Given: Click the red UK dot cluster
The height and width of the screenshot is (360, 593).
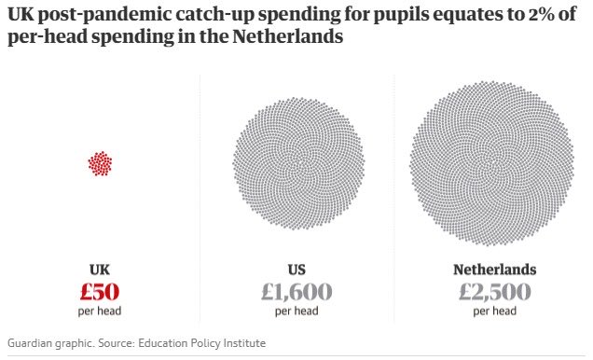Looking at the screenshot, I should (99, 164).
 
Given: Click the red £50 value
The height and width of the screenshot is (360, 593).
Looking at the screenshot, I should (99, 292).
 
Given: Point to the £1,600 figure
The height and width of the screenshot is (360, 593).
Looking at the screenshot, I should (296, 292).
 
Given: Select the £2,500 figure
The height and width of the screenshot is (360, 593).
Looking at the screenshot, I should (494, 292).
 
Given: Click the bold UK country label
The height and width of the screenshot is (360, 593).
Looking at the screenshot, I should (99, 270).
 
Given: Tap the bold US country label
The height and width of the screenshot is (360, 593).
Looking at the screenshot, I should (296, 270).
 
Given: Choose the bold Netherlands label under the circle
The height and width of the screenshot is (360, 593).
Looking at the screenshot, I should (494, 270).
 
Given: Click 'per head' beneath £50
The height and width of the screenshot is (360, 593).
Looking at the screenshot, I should (99, 312).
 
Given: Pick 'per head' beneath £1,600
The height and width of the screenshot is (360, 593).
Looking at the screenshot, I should (296, 312).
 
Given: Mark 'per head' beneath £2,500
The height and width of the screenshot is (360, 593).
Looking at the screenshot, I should (494, 312).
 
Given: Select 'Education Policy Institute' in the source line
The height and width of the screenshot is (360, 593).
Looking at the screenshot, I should (202, 343).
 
